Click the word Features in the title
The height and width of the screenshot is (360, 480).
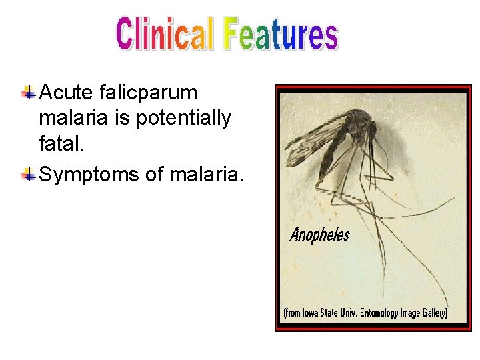281,35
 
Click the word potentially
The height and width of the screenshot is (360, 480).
183,119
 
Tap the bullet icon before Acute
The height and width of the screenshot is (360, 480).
28,93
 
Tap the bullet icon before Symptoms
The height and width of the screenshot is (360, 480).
28,175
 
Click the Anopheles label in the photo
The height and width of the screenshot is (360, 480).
320,235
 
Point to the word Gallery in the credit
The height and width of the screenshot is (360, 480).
433,312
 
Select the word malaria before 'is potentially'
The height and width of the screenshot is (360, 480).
71,119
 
